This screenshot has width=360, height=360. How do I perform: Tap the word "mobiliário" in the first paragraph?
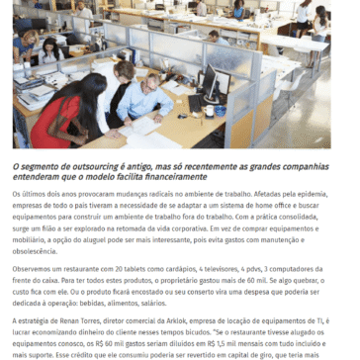31,238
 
